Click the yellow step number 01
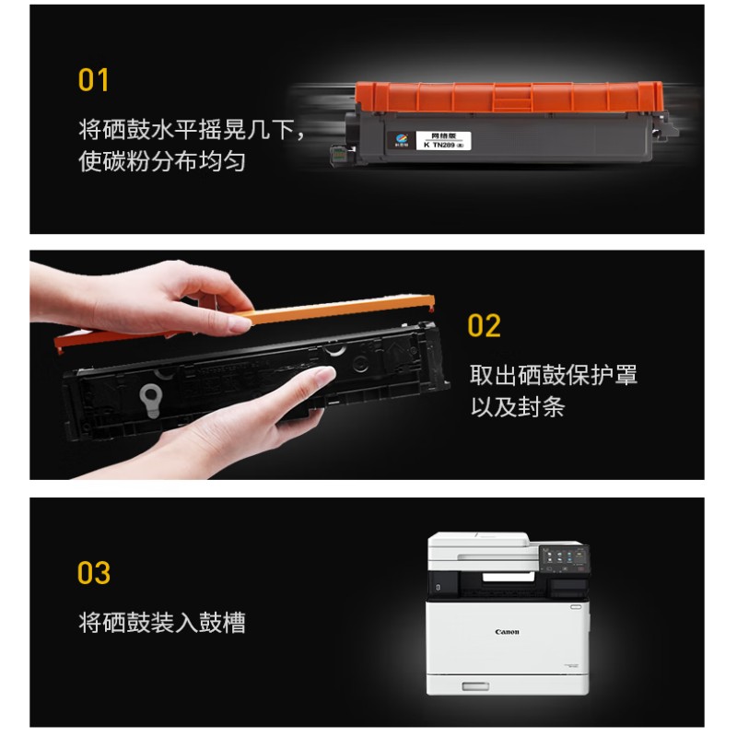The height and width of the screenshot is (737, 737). pyautogui.click(x=94, y=80)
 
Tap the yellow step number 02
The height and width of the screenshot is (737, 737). pyautogui.click(x=484, y=325)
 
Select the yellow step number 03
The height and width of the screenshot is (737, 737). pyautogui.click(x=94, y=573)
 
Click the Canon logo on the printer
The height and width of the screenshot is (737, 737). pyautogui.click(x=507, y=632)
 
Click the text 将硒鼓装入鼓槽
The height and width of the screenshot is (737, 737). pyautogui.click(x=162, y=623)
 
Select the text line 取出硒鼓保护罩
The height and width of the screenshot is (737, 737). pyautogui.click(x=554, y=375)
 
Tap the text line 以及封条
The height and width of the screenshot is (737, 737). pyautogui.click(x=518, y=406)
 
